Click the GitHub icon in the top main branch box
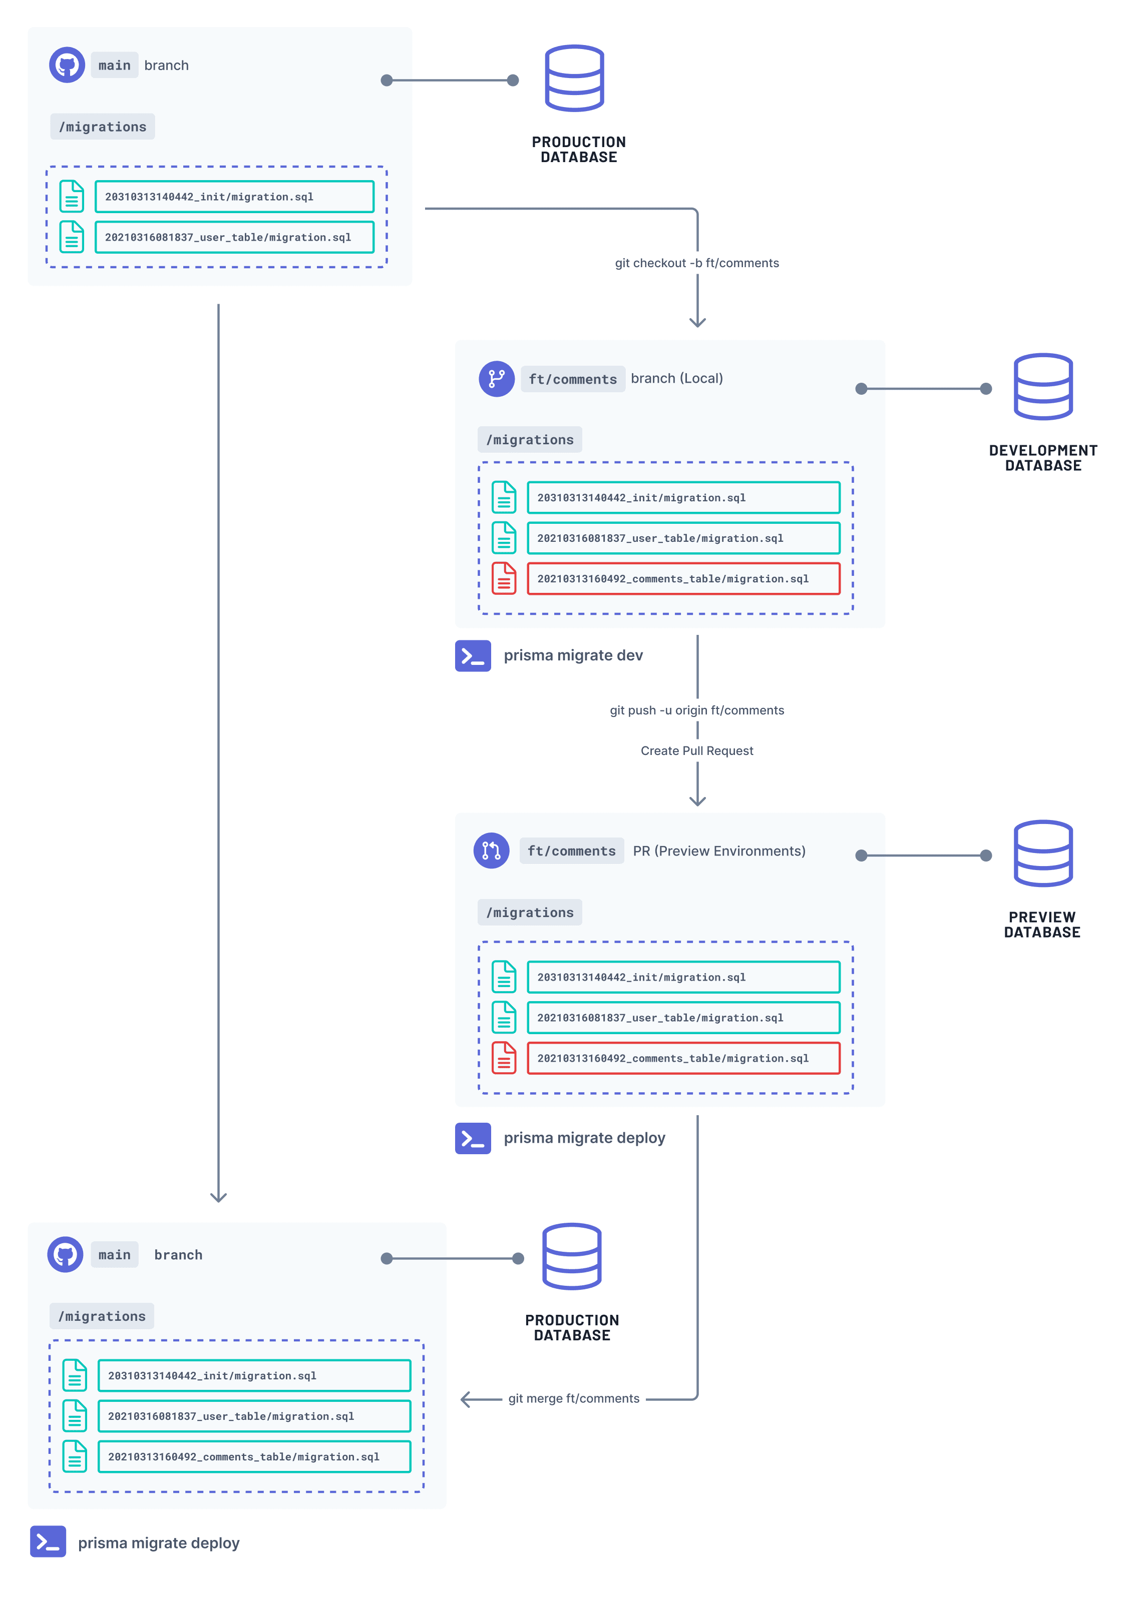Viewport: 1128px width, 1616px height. (x=67, y=66)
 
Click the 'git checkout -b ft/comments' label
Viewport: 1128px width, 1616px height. (x=696, y=263)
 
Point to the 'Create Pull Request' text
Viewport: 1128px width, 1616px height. (x=696, y=750)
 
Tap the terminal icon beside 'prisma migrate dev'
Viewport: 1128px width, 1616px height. (x=473, y=655)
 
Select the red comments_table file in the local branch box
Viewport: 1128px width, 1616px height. (x=682, y=578)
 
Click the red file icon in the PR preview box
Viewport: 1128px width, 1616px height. (x=504, y=1057)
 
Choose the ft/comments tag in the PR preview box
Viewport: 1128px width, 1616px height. (x=571, y=851)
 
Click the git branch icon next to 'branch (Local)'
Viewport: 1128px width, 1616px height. (x=496, y=379)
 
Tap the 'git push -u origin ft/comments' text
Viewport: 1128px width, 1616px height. (x=696, y=710)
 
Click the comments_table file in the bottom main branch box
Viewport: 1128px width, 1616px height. (x=253, y=1456)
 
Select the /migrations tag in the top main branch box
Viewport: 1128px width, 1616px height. (x=103, y=127)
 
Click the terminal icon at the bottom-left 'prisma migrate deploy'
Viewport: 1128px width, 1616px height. (x=48, y=1541)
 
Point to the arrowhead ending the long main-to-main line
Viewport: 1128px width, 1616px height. (x=218, y=1197)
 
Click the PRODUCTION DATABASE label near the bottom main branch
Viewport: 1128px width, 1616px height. (x=572, y=1327)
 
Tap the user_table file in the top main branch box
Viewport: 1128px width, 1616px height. (x=234, y=237)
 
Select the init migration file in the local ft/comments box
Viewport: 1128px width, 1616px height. (x=682, y=498)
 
